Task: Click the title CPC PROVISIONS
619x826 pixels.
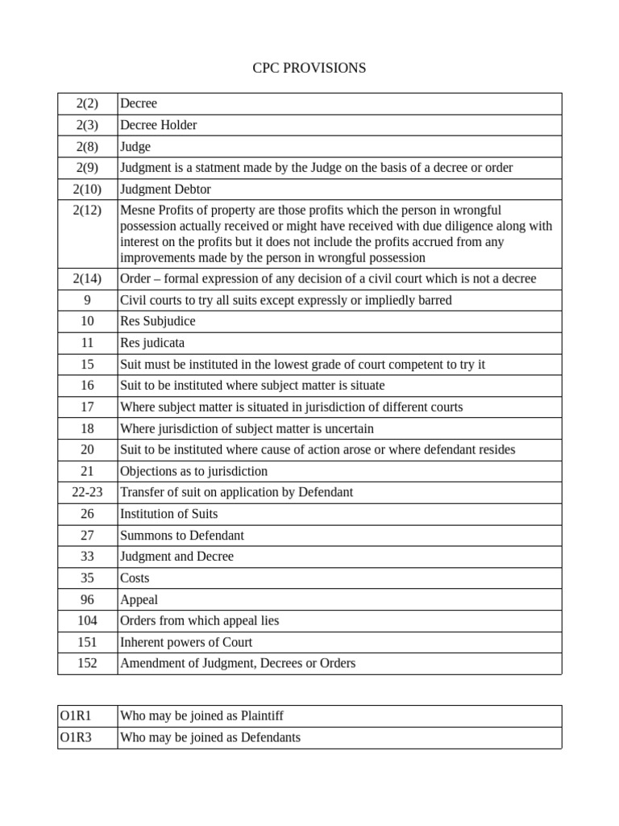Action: pyautogui.click(x=309, y=68)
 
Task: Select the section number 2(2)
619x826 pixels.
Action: pyautogui.click(x=87, y=103)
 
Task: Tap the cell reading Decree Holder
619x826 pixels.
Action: pyautogui.click(x=158, y=125)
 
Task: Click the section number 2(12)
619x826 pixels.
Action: pyautogui.click(x=87, y=210)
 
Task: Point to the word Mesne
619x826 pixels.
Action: pyautogui.click(x=137, y=210)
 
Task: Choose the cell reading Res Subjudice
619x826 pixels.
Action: pyautogui.click(x=157, y=321)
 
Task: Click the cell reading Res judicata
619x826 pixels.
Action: pyautogui.click(x=152, y=343)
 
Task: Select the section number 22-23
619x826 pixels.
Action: pyautogui.click(x=87, y=492)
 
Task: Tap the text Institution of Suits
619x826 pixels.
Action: pyautogui.click(x=168, y=514)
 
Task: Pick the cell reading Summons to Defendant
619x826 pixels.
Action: pyautogui.click(x=181, y=536)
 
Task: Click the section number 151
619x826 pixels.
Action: pyautogui.click(x=87, y=642)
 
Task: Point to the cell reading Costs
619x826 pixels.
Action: pyautogui.click(x=135, y=578)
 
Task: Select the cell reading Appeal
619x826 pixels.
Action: pyautogui.click(x=139, y=600)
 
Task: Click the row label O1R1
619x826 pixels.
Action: pyautogui.click(x=76, y=715)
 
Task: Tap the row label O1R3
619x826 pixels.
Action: pyautogui.click(x=76, y=737)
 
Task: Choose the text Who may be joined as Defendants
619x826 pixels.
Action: pyautogui.click(x=210, y=737)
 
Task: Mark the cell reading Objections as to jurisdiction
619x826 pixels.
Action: pyautogui.click(x=193, y=471)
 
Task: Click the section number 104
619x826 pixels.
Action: pyautogui.click(x=87, y=621)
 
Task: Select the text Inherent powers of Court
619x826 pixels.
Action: pyautogui.click(x=185, y=642)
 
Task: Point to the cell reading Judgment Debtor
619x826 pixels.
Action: pyautogui.click(x=165, y=189)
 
